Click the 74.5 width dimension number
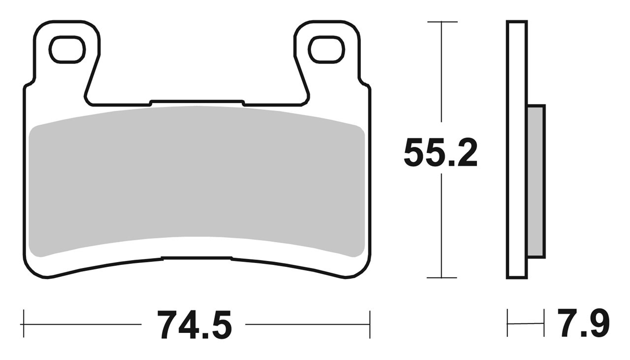click(x=194, y=325)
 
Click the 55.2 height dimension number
click(x=441, y=153)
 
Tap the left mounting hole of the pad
click(x=67, y=50)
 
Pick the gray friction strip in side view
click(x=536, y=181)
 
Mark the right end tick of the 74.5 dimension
click(x=370, y=325)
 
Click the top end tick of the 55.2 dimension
click(x=442, y=22)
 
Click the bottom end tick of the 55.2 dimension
click(x=442, y=278)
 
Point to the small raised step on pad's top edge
click(x=197, y=101)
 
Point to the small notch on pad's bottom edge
click(x=197, y=257)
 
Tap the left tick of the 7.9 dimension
click(x=507, y=324)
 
